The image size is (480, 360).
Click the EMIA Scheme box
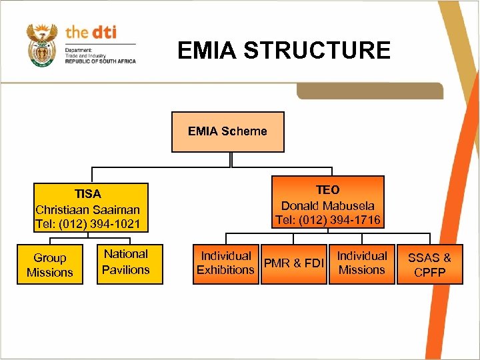point(227,131)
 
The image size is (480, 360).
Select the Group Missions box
point(50,265)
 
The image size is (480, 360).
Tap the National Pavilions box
point(126,262)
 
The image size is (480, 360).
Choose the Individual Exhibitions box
point(225,263)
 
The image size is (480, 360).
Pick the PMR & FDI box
point(294,263)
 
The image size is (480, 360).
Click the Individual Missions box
point(361,263)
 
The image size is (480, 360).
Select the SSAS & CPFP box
point(429,265)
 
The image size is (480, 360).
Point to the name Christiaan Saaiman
point(87,209)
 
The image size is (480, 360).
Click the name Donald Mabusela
point(327,205)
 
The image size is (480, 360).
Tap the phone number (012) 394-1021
point(100,224)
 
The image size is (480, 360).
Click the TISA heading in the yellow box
point(87,194)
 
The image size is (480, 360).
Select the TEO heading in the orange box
point(327,190)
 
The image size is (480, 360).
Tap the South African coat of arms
point(41,45)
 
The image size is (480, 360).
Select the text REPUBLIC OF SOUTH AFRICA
point(100,61)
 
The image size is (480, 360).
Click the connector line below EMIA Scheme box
point(230,160)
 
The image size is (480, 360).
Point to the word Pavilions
point(126,270)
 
